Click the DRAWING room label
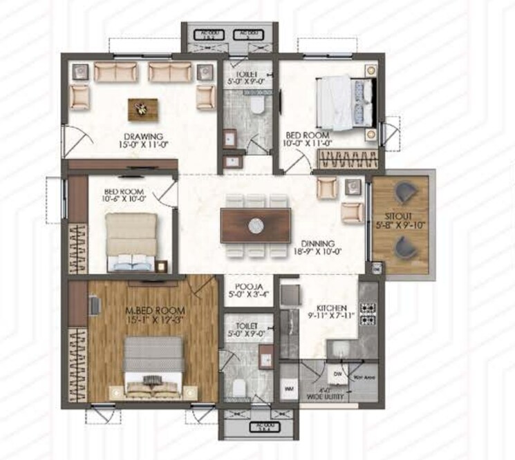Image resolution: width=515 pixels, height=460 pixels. point(143,136)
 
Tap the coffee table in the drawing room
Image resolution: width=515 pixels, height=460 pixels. point(142,108)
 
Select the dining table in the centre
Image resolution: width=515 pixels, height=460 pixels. point(255,224)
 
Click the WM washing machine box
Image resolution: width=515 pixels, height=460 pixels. point(289,391)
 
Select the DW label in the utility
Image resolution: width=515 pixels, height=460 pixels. point(337,374)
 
